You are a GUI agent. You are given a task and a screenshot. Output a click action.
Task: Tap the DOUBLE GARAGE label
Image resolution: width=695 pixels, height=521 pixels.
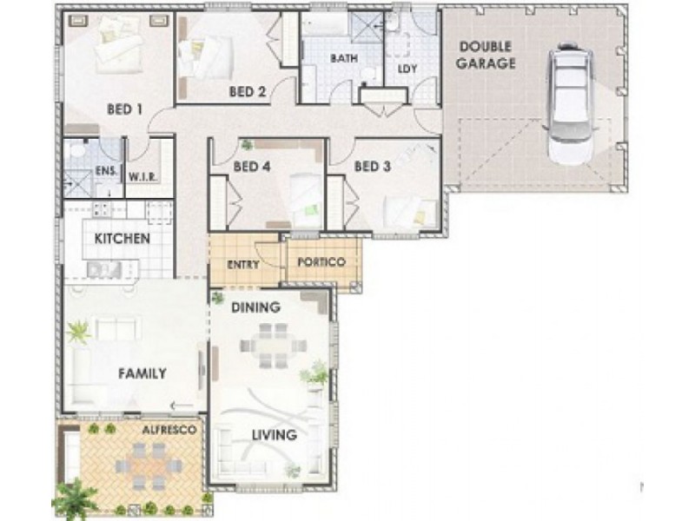pos(487,55)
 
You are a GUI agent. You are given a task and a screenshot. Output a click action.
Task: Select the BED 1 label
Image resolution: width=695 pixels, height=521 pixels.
pos(124,109)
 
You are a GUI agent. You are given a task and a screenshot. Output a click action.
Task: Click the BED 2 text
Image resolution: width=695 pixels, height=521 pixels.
pos(247,90)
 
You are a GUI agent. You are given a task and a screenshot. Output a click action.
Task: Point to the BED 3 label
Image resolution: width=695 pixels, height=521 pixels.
pos(372,166)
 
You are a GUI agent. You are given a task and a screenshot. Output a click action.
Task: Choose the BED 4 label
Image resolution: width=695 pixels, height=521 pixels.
pos(252,166)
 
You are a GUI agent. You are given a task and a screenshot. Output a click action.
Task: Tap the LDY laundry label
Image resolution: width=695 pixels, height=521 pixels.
pos(407,67)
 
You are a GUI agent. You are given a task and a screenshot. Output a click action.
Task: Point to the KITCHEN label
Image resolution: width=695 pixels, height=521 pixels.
pos(122,238)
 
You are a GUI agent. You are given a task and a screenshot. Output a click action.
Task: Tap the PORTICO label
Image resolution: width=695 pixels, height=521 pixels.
pos(321,262)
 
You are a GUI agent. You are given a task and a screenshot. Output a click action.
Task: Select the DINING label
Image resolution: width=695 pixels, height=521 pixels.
pos(255,307)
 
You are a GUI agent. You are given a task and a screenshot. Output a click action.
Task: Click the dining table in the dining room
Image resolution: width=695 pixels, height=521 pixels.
pos(274,346)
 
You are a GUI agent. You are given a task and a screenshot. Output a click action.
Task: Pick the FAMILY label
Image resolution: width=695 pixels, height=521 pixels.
pos(142,373)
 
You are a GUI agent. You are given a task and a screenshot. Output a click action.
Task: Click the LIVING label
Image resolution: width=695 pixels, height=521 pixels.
pos(274,434)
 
